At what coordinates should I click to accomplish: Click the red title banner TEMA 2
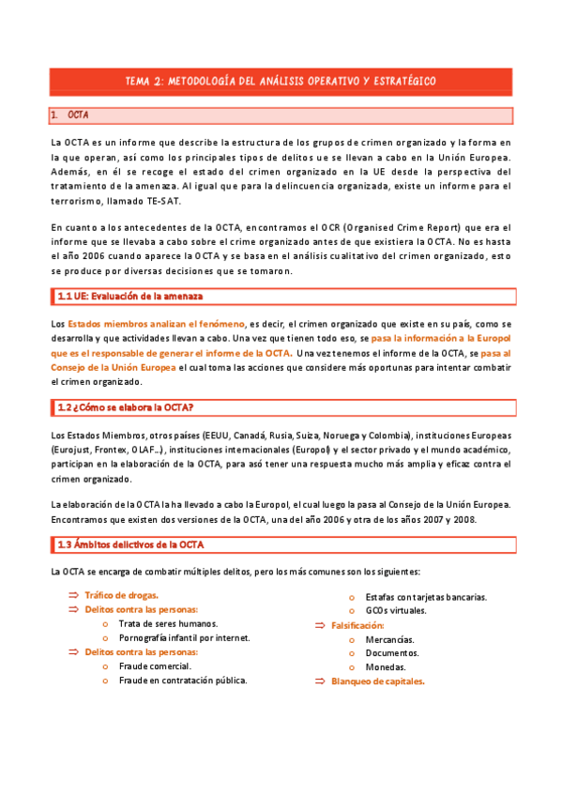[x=281, y=82]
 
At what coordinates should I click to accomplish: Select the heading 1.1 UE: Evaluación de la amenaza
[x=129, y=298]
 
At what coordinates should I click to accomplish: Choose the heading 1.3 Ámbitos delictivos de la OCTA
[x=130, y=544]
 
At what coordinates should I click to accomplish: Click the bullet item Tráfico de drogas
[x=122, y=595]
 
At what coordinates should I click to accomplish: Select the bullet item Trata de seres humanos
[x=168, y=623]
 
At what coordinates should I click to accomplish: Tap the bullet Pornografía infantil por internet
[x=184, y=637]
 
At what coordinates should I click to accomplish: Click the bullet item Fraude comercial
[x=155, y=666]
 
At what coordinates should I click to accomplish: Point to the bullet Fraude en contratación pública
[x=183, y=680]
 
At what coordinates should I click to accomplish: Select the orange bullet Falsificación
[x=358, y=625]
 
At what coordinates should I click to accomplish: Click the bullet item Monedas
[x=387, y=666]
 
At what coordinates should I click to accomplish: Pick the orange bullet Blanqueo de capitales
[x=378, y=681]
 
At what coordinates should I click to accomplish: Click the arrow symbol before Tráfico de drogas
[x=74, y=595]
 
